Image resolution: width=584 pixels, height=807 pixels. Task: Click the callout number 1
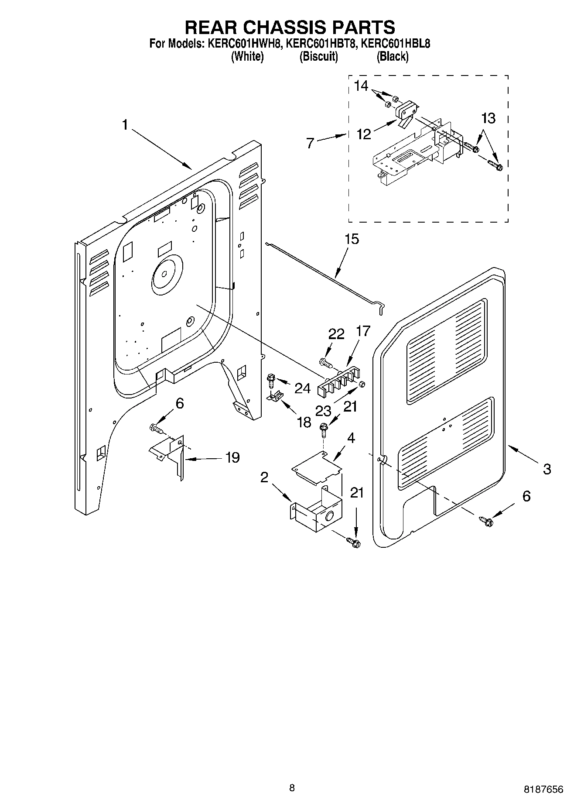pos(125,126)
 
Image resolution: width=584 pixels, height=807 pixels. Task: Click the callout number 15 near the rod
pos(351,239)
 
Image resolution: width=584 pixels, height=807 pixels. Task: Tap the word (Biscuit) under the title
pos(319,56)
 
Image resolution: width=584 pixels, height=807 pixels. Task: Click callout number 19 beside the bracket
pos(232,457)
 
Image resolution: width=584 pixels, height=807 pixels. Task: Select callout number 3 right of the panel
pos(546,469)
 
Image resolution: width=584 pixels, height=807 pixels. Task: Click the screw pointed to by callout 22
pos(325,362)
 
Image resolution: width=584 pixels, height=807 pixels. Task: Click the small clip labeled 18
pos(275,396)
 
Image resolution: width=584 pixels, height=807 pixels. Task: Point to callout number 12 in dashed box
pos(364,134)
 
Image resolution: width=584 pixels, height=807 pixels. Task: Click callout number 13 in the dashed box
pos(488,118)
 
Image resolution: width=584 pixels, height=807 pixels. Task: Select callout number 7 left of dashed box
pos(310,143)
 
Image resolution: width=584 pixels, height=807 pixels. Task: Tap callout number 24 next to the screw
pos(302,388)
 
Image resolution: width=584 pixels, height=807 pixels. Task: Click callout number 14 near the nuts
pos(361,86)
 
